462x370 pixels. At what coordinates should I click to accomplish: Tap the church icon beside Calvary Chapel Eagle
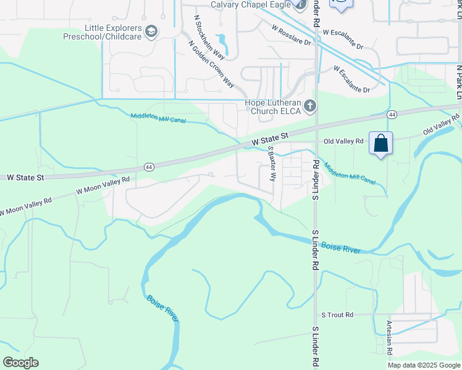click(300, 6)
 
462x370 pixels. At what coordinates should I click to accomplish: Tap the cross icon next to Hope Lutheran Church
click(310, 107)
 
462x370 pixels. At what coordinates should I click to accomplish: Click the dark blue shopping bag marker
click(380, 144)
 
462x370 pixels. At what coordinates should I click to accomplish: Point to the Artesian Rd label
click(389, 337)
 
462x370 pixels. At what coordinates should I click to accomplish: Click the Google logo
click(20, 363)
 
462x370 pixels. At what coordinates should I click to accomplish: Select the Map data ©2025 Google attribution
click(424, 365)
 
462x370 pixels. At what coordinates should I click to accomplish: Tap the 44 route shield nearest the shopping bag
click(392, 115)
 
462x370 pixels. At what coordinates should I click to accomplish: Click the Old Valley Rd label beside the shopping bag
click(343, 141)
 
